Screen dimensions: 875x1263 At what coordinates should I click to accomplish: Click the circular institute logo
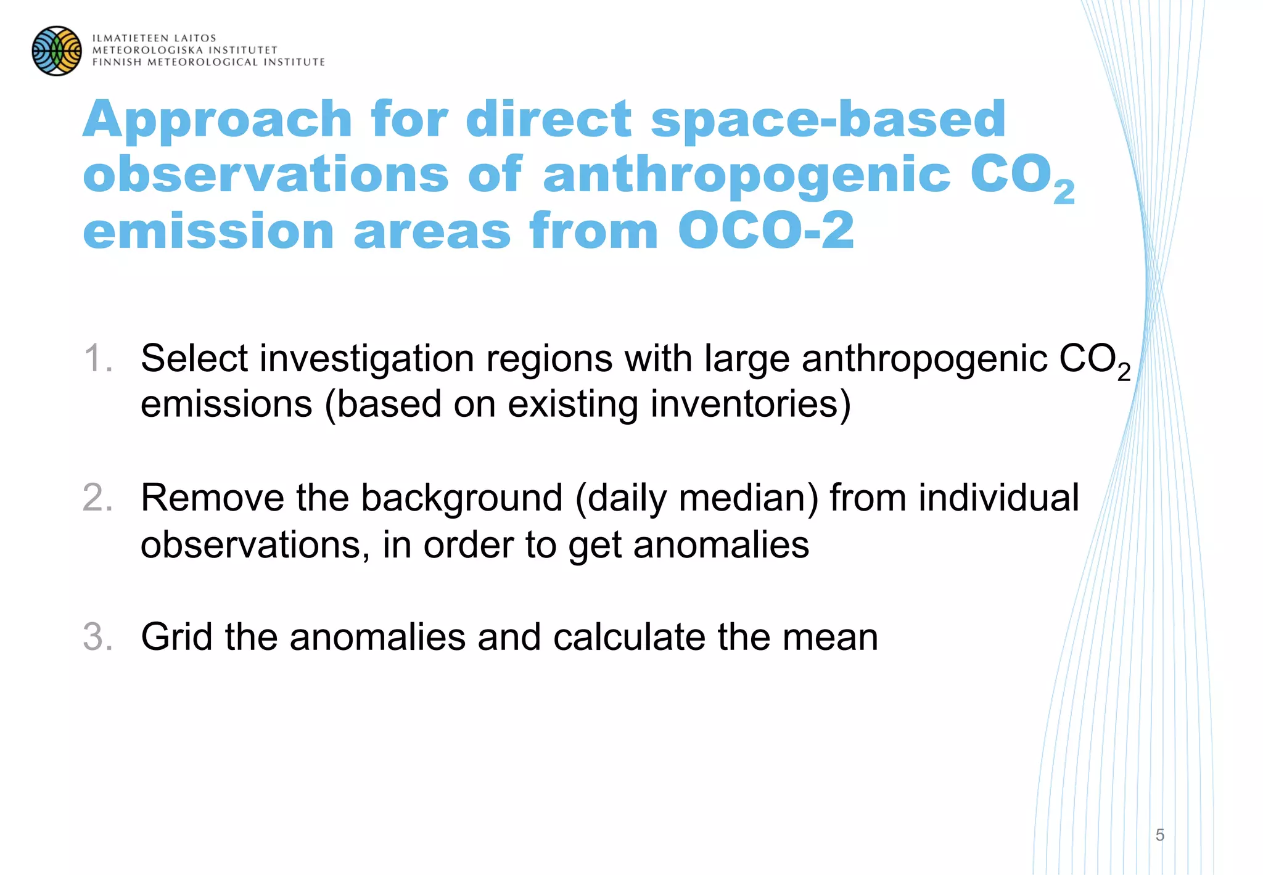(57, 51)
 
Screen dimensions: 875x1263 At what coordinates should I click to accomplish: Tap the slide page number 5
(1160, 835)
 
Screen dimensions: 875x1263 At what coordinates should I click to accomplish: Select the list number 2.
(97, 498)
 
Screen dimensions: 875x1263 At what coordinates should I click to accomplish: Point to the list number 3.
(97, 637)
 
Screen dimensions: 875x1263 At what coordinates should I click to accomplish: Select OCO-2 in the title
(766, 231)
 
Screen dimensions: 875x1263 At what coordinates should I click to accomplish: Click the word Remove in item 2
(212, 498)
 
